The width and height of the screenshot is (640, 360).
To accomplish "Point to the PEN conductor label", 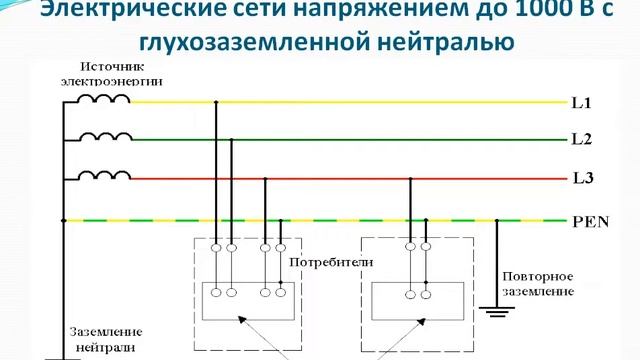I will (590, 221).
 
